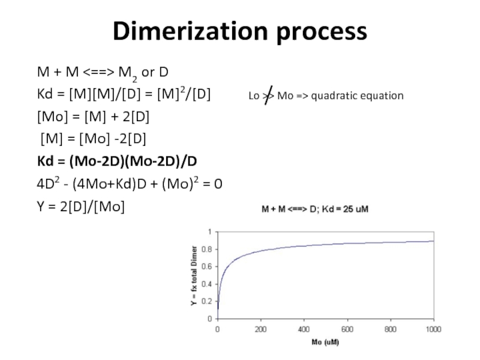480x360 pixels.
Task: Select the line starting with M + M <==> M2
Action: (x=103, y=73)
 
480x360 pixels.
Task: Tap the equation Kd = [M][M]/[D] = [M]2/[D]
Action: (x=124, y=95)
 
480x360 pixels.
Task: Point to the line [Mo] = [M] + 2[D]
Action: (x=96, y=117)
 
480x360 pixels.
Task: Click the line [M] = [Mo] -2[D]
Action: (x=93, y=139)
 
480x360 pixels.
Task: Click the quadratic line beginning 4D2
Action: (x=130, y=184)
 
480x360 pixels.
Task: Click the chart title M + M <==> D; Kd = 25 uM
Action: (x=317, y=210)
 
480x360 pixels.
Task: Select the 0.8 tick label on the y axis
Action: (x=206, y=249)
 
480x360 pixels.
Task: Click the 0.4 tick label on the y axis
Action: (x=206, y=284)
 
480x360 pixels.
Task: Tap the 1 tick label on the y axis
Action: (x=209, y=232)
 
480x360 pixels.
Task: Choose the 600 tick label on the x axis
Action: (x=347, y=329)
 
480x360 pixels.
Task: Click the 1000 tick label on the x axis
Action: (x=433, y=329)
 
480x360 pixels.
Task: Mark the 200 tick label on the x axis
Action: (x=261, y=329)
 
